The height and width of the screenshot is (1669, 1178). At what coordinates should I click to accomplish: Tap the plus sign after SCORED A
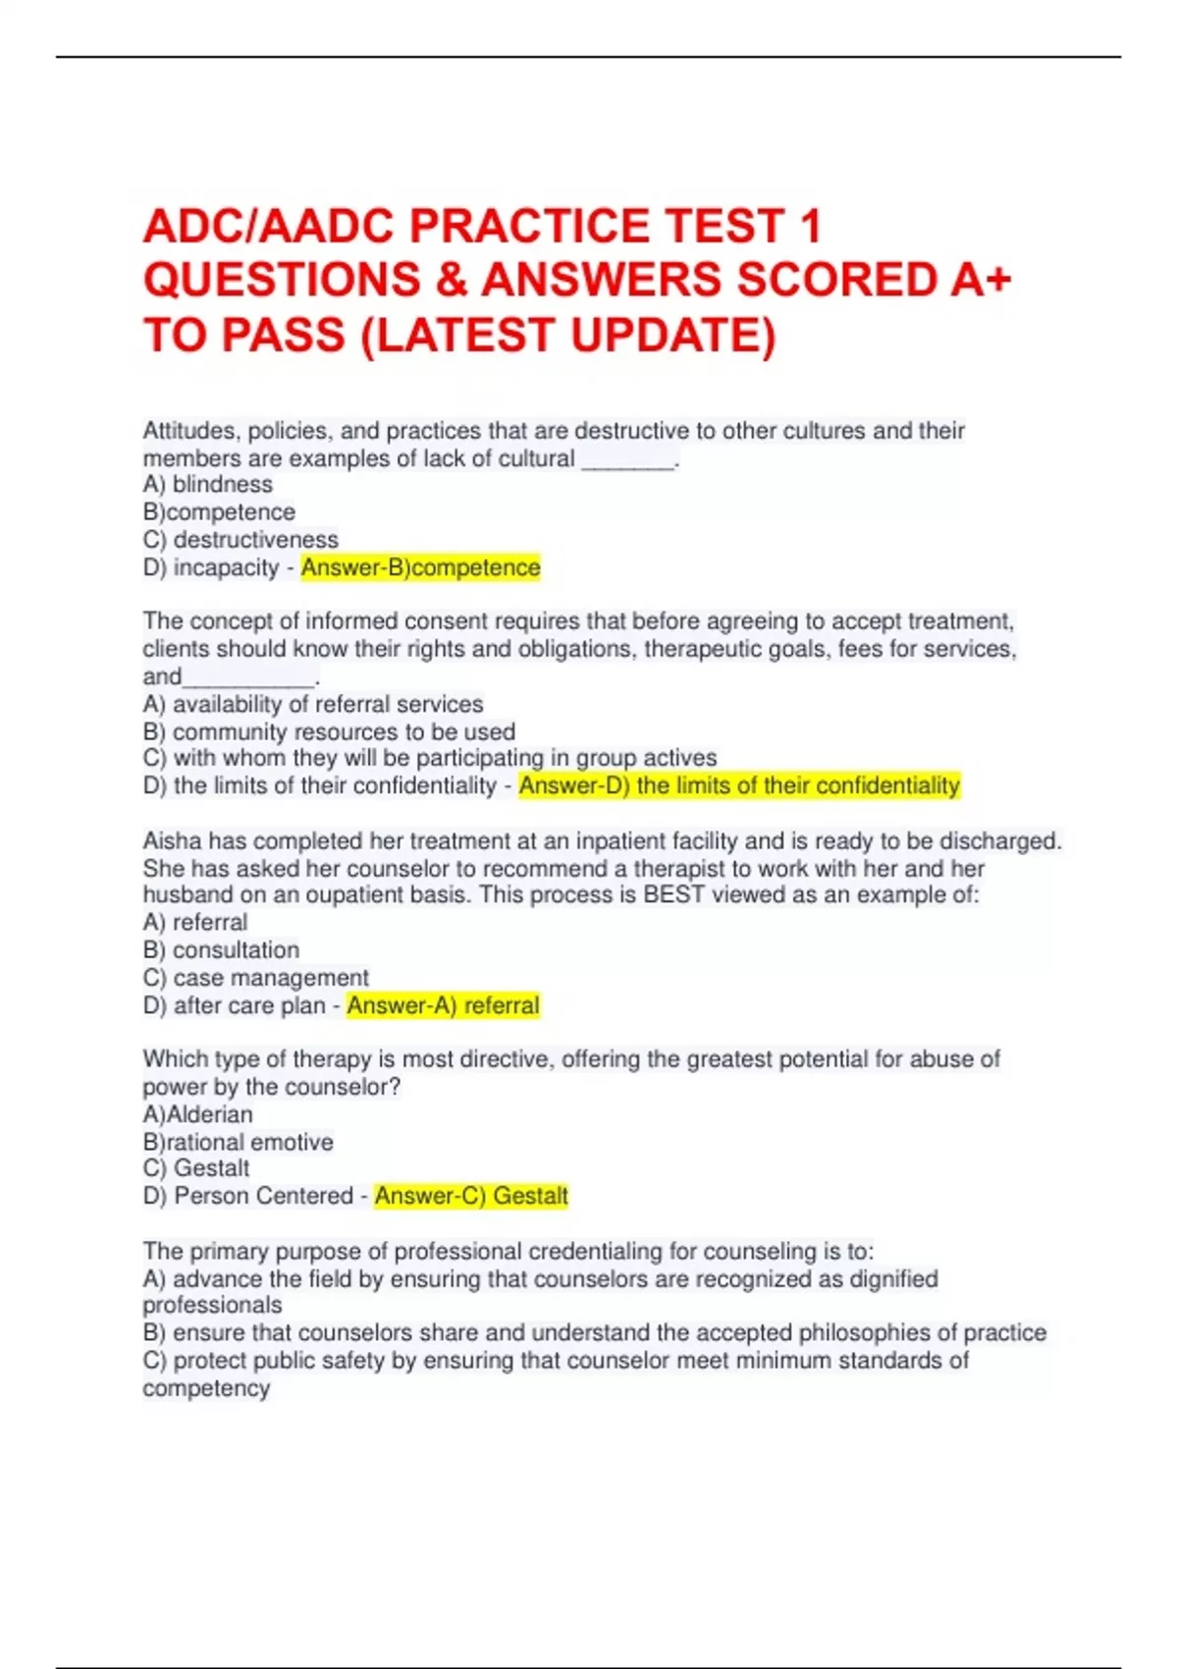pos(994,281)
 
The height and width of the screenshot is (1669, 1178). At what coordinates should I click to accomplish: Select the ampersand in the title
pos(450,281)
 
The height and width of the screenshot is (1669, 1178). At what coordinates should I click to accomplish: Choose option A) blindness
pos(207,485)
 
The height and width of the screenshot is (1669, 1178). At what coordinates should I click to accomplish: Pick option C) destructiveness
pos(240,540)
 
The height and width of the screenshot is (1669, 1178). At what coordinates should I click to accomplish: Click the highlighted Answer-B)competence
pos(420,567)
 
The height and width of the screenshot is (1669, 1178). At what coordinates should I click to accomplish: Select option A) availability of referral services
pos(312,704)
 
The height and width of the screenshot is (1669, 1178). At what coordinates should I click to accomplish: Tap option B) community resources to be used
pos(328,731)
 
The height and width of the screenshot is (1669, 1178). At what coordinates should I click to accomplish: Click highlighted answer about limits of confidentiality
pos(738,785)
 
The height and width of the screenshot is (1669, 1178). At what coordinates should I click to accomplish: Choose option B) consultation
pos(220,950)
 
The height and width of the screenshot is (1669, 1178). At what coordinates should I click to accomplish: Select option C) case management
pos(255,978)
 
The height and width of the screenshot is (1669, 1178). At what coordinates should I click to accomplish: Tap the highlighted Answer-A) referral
pos(443,1005)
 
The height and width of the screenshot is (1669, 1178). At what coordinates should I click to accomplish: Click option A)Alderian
pos(197,1114)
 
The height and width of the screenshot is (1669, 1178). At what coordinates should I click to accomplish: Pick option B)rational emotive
pos(238,1142)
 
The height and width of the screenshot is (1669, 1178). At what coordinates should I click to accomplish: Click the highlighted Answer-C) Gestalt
pos(470,1196)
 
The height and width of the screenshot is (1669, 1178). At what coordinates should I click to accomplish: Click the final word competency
pos(206,1388)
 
